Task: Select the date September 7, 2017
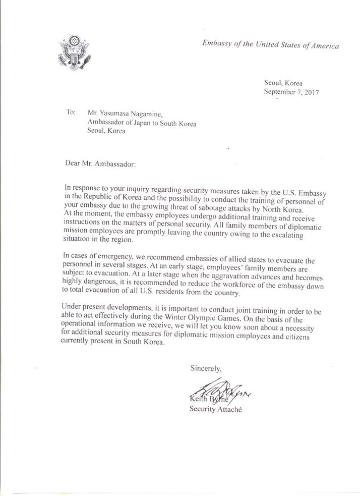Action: (x=292, y=92)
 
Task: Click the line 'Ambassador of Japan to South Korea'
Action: (x=135, y=123)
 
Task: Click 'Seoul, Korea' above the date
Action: (x=283, y=83)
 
